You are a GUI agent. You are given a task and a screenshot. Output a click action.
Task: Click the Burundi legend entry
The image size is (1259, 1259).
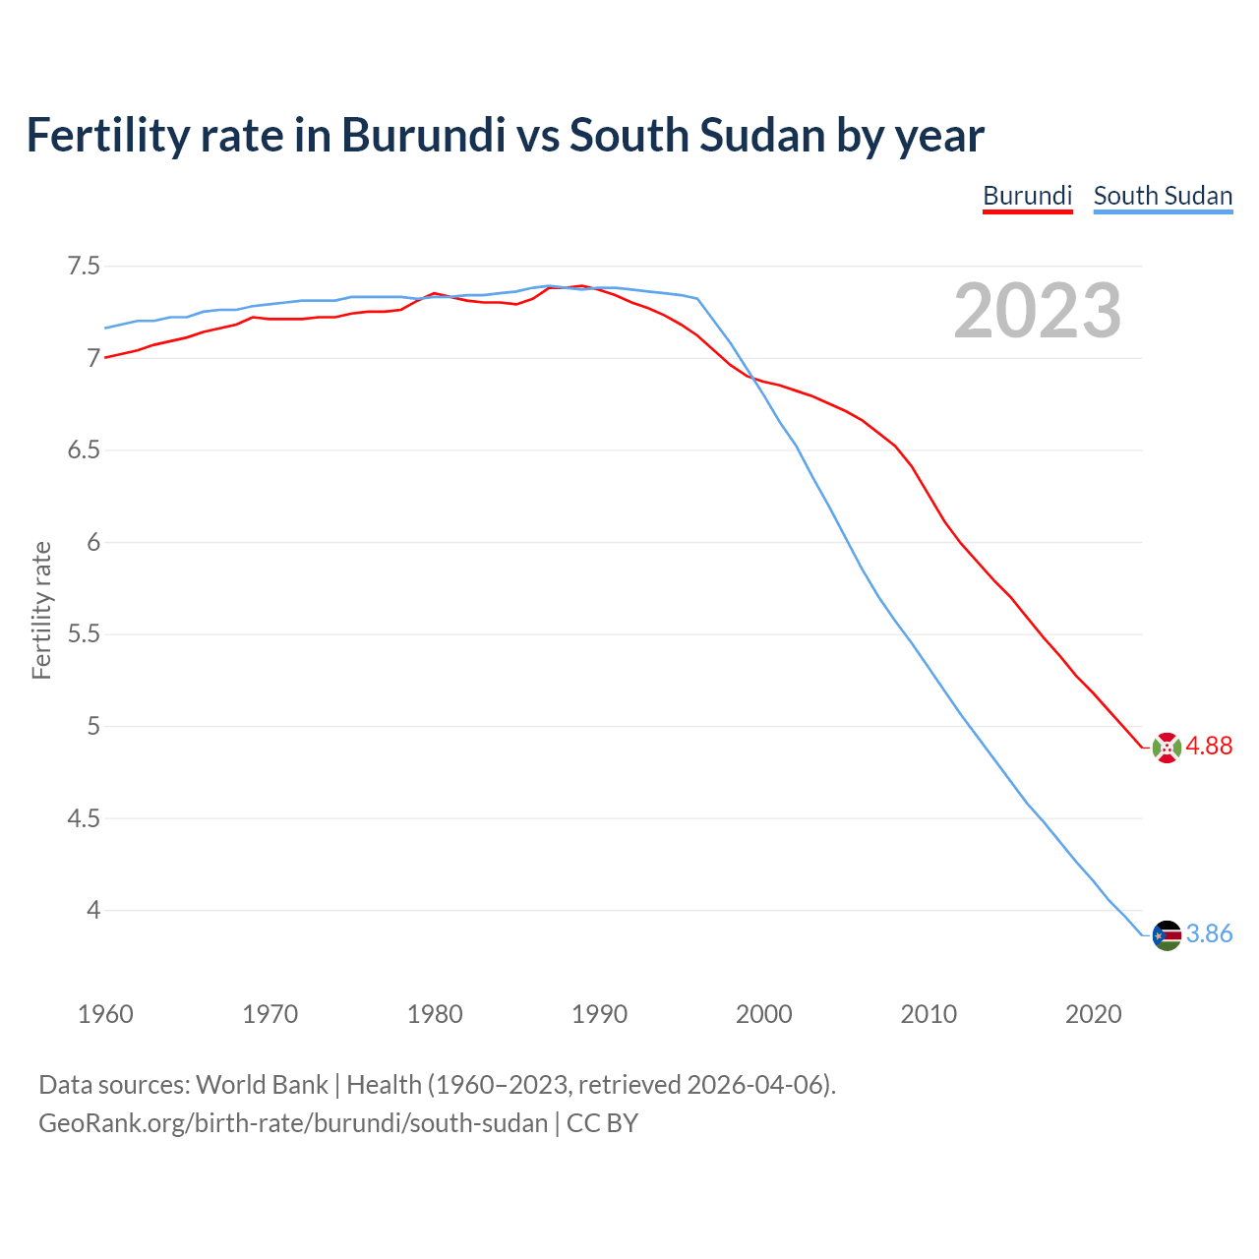[1027, 196]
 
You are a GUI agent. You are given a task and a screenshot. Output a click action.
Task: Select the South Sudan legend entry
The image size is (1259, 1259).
[1163, 196]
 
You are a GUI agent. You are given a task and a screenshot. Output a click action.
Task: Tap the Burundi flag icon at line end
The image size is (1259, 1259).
[1166, 748]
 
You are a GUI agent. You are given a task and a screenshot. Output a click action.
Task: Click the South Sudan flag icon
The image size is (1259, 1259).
[1166, 934]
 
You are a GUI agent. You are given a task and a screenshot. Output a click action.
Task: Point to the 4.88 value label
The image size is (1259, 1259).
[1209, 747]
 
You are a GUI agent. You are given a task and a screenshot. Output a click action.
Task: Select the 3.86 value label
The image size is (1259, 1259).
[1209, 934]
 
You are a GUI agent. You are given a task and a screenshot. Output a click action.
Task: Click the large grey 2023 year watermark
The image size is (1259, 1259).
[1037, 311]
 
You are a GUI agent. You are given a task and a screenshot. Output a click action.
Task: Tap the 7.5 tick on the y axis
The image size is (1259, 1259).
[84, 267]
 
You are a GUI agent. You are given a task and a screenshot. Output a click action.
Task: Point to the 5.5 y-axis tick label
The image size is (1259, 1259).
[84, 634]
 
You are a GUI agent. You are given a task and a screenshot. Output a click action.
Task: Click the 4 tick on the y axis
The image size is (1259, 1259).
[93, 911]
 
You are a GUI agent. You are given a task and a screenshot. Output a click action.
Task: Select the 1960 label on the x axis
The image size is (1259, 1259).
[105, 1014]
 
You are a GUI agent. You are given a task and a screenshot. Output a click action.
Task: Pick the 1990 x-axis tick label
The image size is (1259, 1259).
[599, 1014]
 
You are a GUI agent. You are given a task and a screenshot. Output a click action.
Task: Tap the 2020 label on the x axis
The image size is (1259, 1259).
[1093, 1014]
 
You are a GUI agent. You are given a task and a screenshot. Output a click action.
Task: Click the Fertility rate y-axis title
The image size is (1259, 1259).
[41, 610]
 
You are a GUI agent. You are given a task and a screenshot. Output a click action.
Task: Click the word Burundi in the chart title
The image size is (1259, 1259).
[423, 135]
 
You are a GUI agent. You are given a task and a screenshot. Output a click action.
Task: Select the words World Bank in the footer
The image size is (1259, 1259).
[262, 1085]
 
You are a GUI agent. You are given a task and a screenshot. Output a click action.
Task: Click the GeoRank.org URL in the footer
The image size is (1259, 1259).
[292, 1123]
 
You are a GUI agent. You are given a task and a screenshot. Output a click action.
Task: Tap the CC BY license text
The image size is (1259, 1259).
[602, 1123]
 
